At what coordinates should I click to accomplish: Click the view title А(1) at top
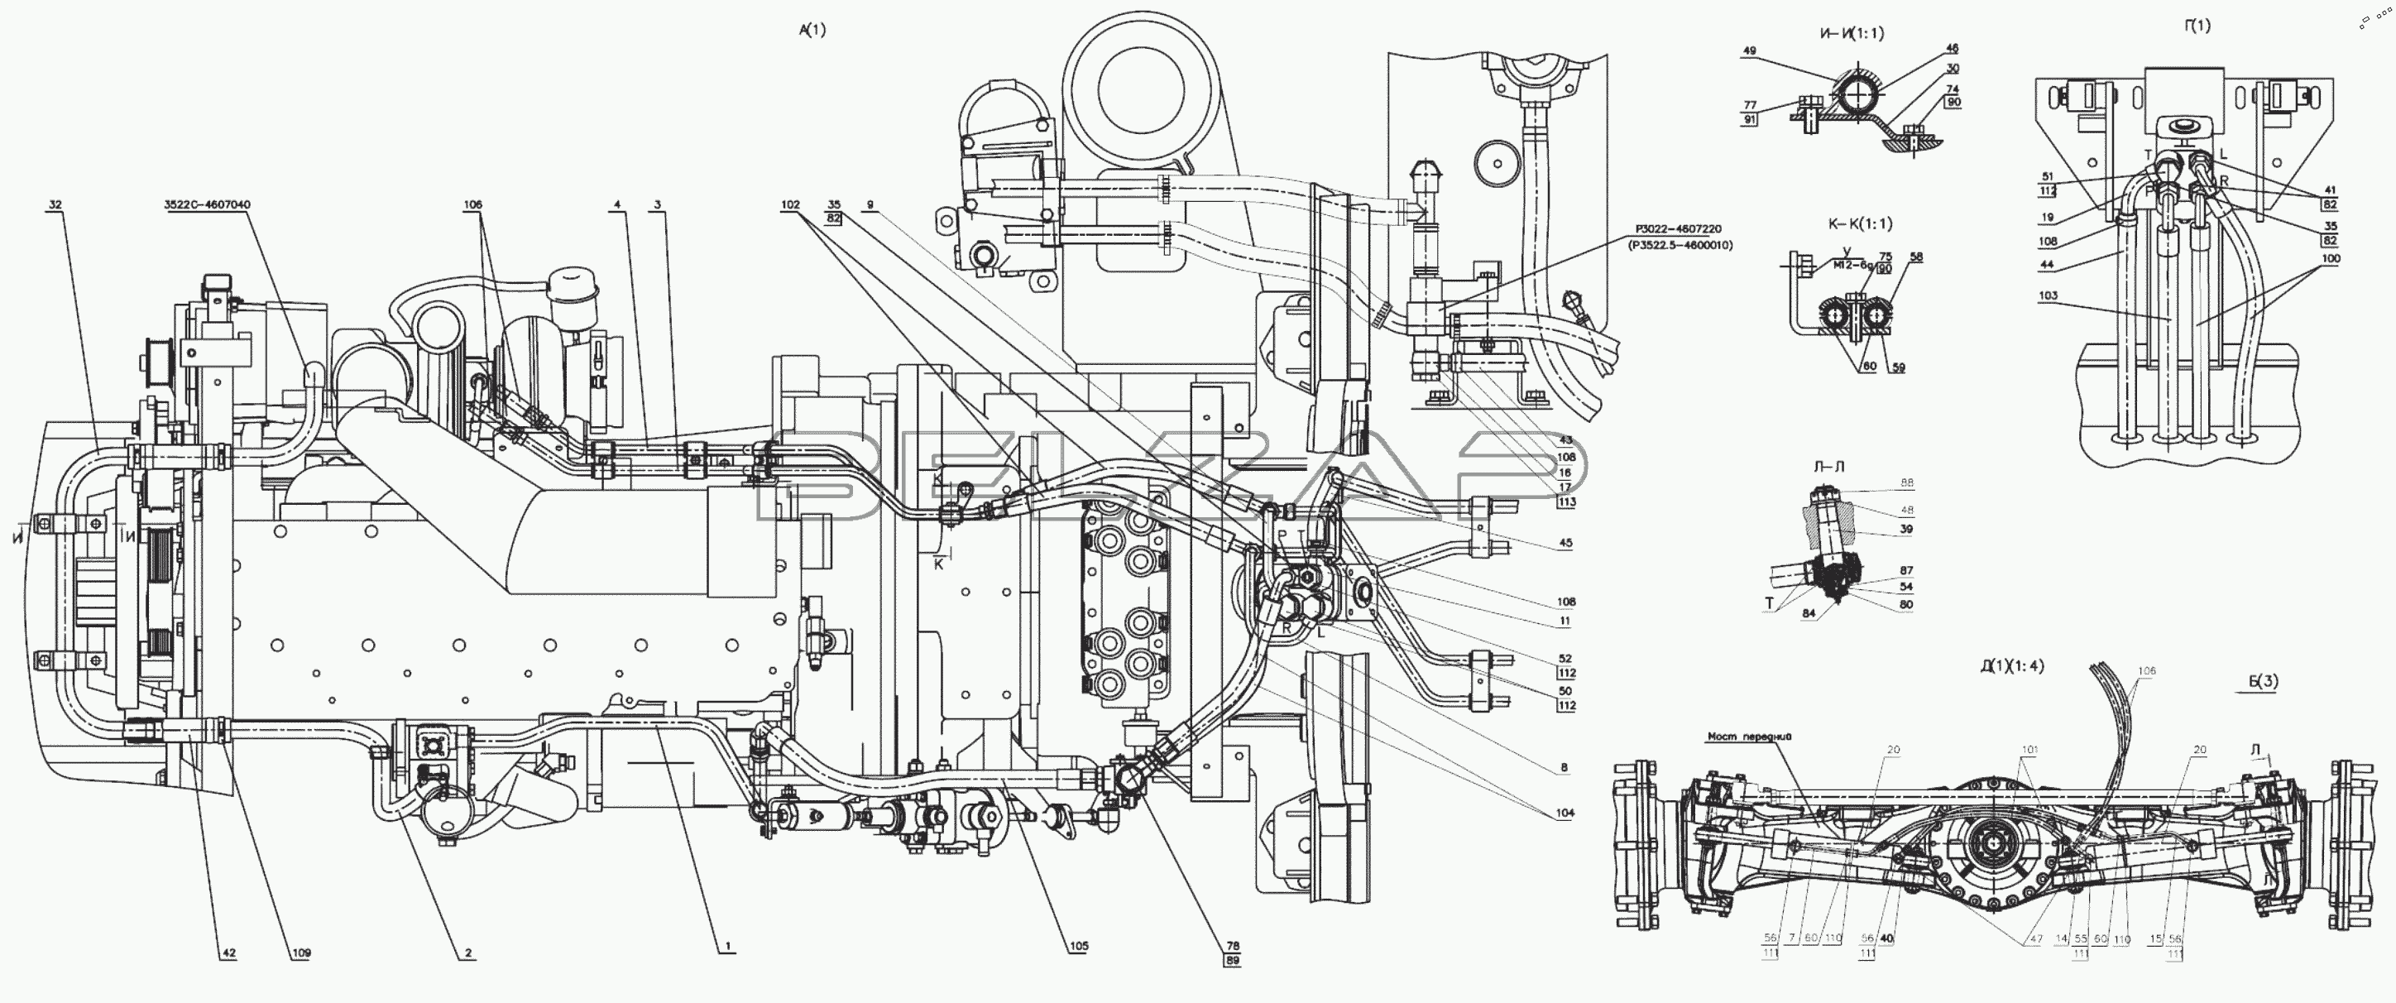pos(812,30)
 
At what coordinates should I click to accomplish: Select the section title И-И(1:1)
pos(1851,33)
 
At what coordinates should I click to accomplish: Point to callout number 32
pos(55,204)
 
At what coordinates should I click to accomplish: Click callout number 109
pos(300,953)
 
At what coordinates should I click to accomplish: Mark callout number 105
pos(1078,946)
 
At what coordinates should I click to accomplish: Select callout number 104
pos(1565,813)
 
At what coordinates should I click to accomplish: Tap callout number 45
pos(1566,544)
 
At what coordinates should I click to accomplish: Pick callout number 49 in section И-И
pos(1750,52)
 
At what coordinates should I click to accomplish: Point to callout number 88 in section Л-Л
pos(1907,483)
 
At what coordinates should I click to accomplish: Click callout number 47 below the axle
pos(2036,940)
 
